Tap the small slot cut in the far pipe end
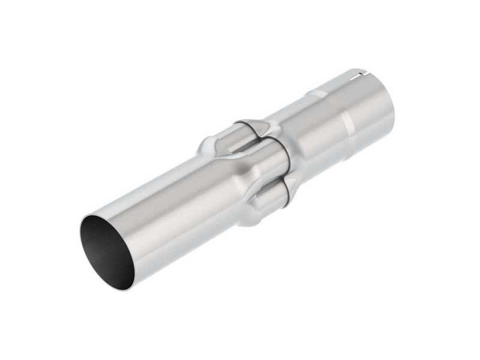point(359,75)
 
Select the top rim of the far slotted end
point(354,71)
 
